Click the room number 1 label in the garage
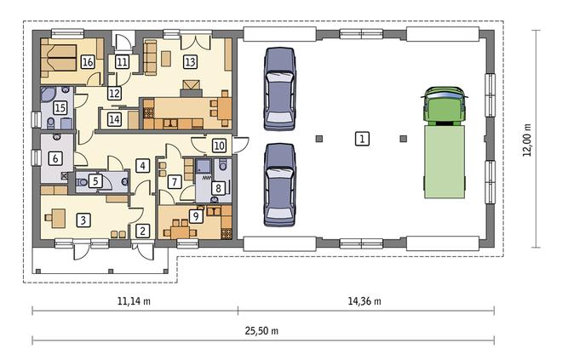tap(362, 139)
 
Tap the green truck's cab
tap(444, 106)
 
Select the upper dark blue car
tap(280, 89)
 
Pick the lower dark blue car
tap(280, 185)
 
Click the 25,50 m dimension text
tap(261, 330)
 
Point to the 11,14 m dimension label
tap(134, 301)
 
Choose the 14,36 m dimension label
tap(364, 301)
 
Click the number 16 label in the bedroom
tap(88, 62)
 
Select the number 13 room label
tap(190, 62)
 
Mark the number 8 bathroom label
tap(218, 188)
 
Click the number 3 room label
tap(83, 220)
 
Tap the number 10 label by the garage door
tap(219, 146)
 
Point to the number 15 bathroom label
tap(60, 107)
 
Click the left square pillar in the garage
tap(319, 139)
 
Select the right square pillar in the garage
tap(404, 139)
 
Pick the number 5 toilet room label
tap(95, 181)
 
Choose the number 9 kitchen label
tap(196, 216)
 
